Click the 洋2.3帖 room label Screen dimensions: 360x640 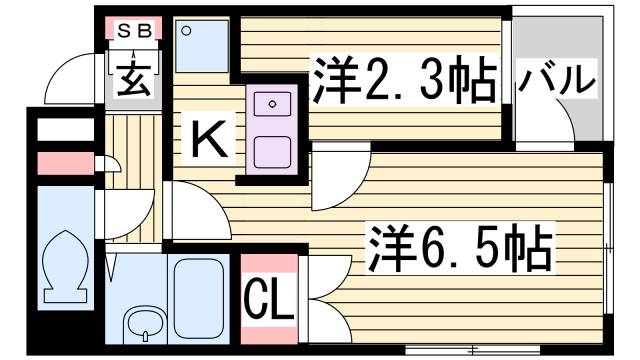tap(404, 80)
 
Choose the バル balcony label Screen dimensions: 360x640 tap(556, 81)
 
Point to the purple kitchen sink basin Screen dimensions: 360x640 tap(273, 103)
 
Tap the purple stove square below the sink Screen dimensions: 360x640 tap(272, 150)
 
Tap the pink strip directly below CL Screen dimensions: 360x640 tap(269, 336)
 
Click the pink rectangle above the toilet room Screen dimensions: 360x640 tap(63, 163)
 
